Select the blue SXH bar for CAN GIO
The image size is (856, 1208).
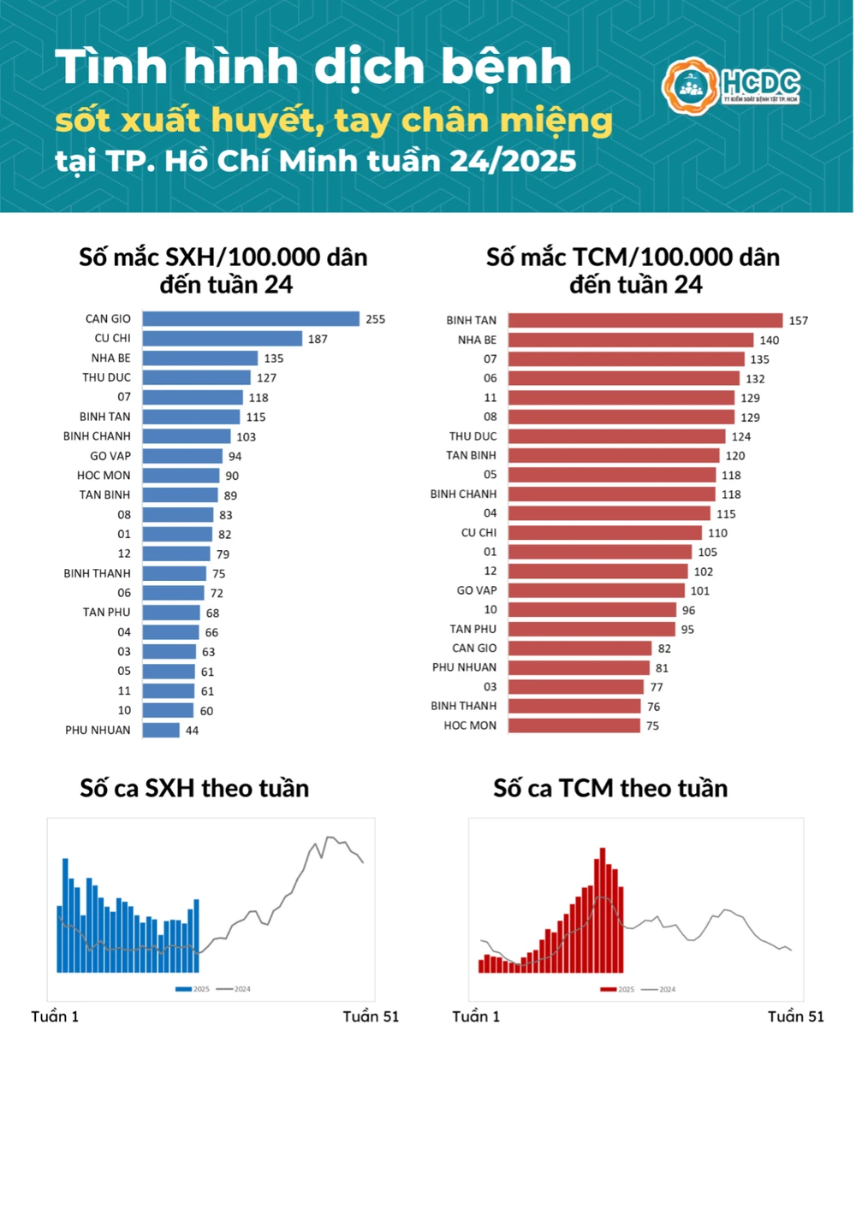[251, 319]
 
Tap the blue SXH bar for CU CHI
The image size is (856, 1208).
[223, 339]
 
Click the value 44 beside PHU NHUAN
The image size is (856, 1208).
[192, 731]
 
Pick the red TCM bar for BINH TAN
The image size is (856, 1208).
[645, 320]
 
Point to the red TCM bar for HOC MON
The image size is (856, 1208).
[574, 725]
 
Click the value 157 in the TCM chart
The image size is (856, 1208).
[798, 321]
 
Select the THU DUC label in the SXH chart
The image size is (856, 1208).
[107, 377]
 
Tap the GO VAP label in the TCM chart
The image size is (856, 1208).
[477, 590]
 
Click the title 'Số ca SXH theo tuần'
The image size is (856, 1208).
[194, 788]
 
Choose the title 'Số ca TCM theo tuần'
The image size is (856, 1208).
[610, 788]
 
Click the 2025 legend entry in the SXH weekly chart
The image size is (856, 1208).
[193, 989]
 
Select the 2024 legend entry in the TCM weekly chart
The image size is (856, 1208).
[659, 990]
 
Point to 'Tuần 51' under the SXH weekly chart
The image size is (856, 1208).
[371, 1016]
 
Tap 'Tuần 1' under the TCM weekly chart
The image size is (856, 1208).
[476, 1016]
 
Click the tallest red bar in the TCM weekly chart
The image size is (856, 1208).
[603, 910]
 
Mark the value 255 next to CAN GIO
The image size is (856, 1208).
[375, 319]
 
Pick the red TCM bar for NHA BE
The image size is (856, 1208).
[631, 340]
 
